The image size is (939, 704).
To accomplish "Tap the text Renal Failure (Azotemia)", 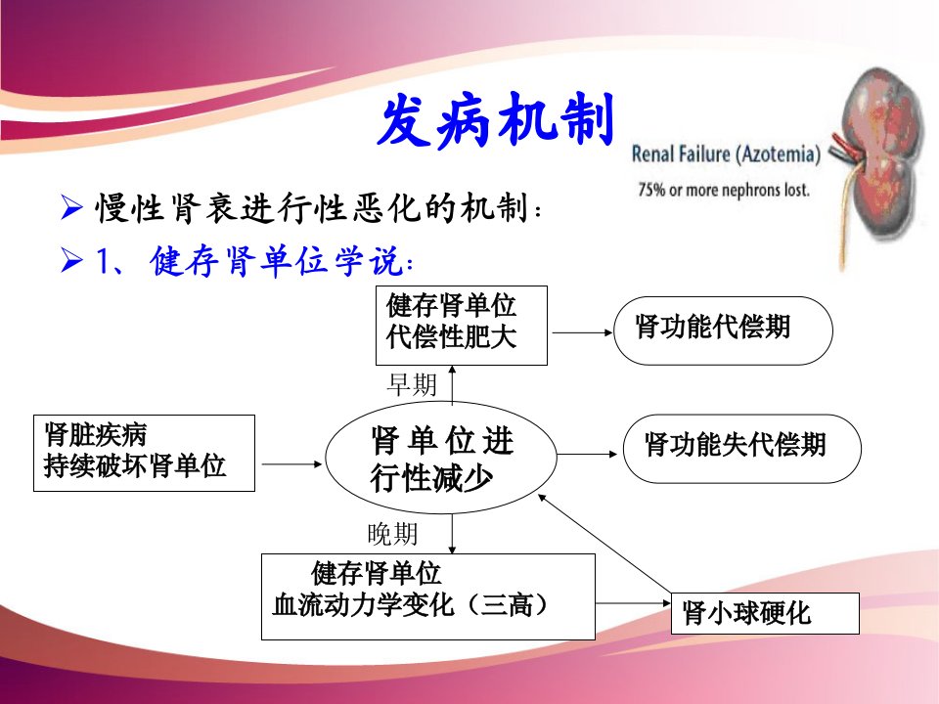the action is pyautogui.click(x=726, y=154).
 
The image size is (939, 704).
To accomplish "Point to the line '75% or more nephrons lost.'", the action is pyautogui.click(x=724, y=190).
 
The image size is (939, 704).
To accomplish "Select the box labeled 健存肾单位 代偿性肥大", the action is pyautogui.click(x=461, y=326).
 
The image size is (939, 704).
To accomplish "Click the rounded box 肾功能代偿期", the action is pyautogui.click(x=723, y=330).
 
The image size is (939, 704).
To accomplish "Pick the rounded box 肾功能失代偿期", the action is pyautogui.click(x=742, y=449).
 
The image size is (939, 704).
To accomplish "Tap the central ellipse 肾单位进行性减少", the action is pyautogui.click(x=441, y=458).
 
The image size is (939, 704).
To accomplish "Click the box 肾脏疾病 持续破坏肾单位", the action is pyautogui.click(x=144, y=453).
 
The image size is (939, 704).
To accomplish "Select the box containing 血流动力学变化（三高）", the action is pyautogui.click(x=428, y=596).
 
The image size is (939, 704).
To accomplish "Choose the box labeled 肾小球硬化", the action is pyautogui.click(x=765, y=614).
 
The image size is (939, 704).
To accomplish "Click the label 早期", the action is pyautogui.click(x=412, y=384).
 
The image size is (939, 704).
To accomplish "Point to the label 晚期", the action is pyautogui.click(x=393, y=534).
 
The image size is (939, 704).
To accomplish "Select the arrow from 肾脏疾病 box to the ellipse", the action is pyautogui.click(x=292, y=463).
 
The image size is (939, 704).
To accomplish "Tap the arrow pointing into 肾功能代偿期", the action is pyautogui.click(x=582, y=332).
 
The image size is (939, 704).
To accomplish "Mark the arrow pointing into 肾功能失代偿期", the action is pyautogui.click(x=587, y=455).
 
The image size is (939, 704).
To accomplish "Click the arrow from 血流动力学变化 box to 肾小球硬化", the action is pyautogui.click(x=633, y=603).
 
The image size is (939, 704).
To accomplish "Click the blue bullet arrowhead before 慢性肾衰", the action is pyautogui.click(x=71, y=207).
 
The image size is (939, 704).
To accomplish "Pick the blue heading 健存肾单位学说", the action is pyautogui.click(x=282, y=261).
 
